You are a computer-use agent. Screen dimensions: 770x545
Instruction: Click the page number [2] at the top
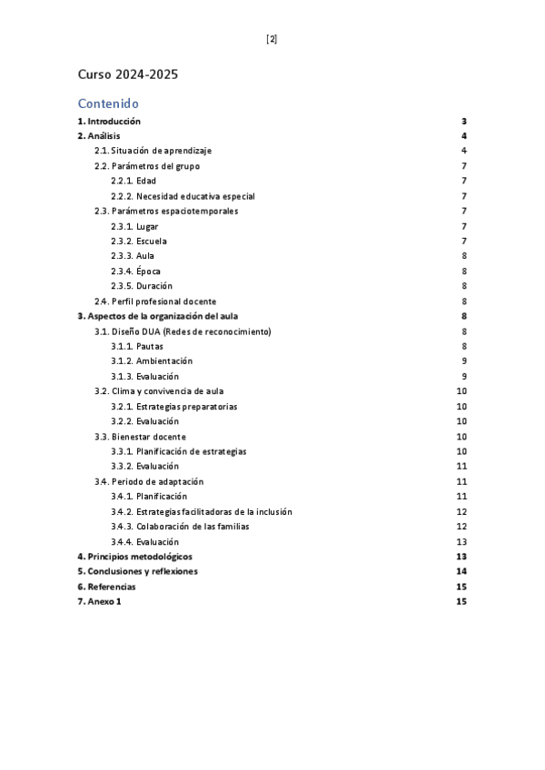tap(272, 39)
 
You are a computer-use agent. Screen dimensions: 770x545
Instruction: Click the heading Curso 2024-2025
tap(127, 74)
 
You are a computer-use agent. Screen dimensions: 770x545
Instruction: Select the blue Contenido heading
tap(108, 104)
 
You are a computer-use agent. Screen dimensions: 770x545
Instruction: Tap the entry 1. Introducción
tap(109, 121)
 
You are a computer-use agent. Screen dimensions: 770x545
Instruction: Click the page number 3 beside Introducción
tap(463, 121)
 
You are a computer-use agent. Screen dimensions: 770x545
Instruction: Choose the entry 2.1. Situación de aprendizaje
tap(154, 151)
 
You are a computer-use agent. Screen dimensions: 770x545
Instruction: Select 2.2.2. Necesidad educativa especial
tap(183, 196)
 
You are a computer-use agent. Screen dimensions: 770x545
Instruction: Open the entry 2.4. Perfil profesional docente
tap(155, 301)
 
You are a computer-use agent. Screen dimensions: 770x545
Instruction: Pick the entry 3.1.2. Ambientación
tap(152, 361)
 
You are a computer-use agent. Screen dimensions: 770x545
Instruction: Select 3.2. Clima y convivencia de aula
tap(159, 391)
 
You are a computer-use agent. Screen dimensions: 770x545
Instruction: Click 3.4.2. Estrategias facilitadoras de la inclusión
tap(201, 512)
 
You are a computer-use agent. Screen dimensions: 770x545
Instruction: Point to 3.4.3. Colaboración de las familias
tap(180, 527)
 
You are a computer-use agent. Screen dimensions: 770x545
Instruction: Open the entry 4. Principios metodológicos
tap(134, 557)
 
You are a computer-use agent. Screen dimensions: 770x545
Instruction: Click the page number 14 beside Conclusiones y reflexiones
tap(461, 571)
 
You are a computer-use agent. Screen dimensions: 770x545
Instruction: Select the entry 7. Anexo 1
tap(99, 602)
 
